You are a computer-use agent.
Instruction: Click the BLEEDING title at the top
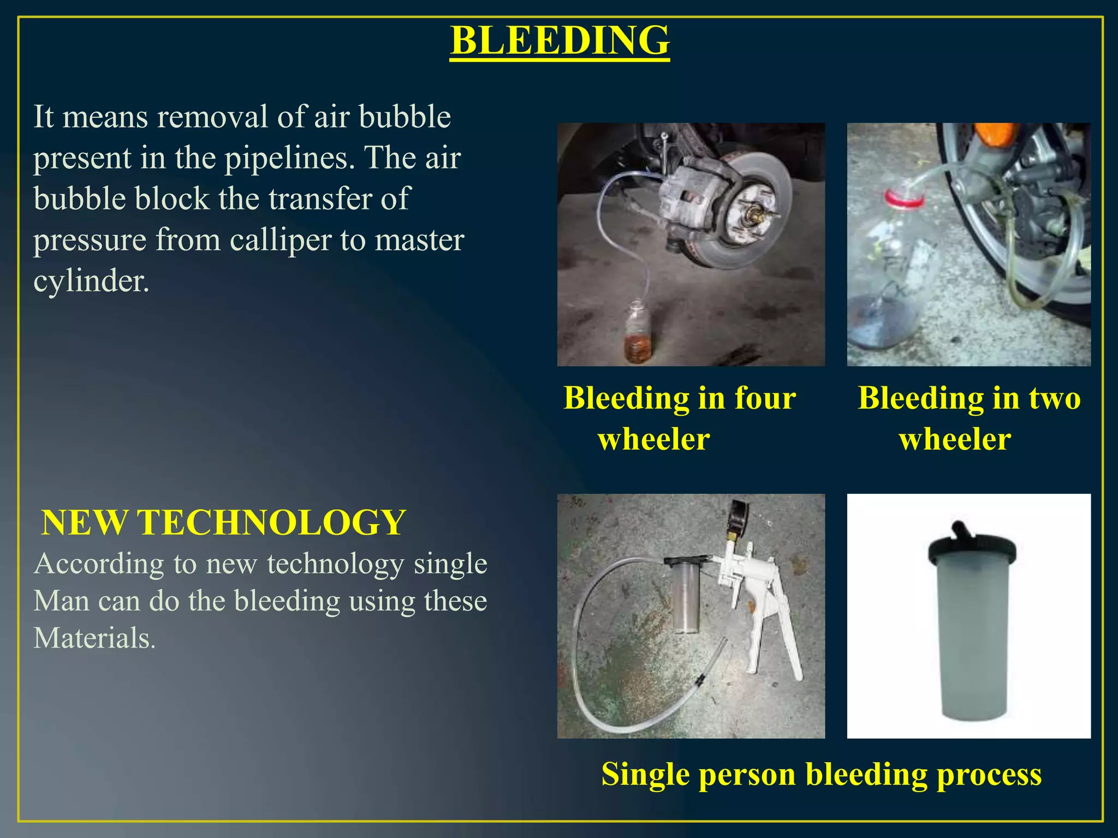[560, 41]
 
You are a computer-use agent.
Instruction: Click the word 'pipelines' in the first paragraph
[286, 158]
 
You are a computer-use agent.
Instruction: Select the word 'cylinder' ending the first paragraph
[90, 282]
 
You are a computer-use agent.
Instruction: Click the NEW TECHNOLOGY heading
[223, 523]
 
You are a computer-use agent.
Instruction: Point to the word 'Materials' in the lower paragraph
[93, 638]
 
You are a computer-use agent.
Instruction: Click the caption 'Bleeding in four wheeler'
[679, 418]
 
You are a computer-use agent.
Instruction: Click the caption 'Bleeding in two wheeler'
[968, 418]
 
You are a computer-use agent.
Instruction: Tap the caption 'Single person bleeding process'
[821, 774]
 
